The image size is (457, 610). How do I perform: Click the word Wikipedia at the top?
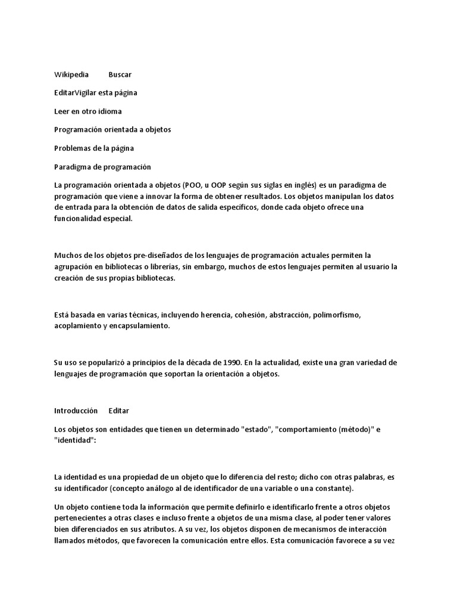tap(71, 74)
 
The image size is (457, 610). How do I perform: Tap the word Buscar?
tap(120, 74)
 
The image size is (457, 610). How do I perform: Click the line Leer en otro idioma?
tap(88, 111)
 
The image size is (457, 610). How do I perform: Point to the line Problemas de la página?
tap(94, 148)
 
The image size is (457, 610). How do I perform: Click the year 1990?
tap(232, 363)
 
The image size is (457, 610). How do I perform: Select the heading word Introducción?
tap(76, 411)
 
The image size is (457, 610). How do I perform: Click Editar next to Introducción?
tap(119, 411)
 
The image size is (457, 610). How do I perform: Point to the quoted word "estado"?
tap(261, 430)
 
